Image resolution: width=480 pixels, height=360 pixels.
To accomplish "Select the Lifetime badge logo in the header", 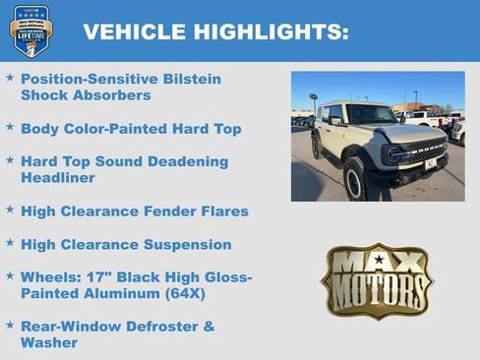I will pos(31,30).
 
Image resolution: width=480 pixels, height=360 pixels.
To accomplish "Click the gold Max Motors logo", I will pos(377,281).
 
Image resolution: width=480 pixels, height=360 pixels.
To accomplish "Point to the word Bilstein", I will pos(189,79).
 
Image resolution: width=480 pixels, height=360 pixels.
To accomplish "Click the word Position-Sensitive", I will pos(85,79).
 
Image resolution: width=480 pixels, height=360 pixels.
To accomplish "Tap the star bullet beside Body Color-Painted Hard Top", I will pos(10,128).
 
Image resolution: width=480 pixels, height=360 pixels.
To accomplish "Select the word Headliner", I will pos(58,178).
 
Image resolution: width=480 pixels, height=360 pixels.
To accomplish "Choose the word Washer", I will pos(49,342).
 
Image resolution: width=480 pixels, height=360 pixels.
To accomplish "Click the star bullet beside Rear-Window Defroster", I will pos(10,325).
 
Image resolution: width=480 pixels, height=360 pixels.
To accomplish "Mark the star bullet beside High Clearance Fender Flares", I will pos(10,210).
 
